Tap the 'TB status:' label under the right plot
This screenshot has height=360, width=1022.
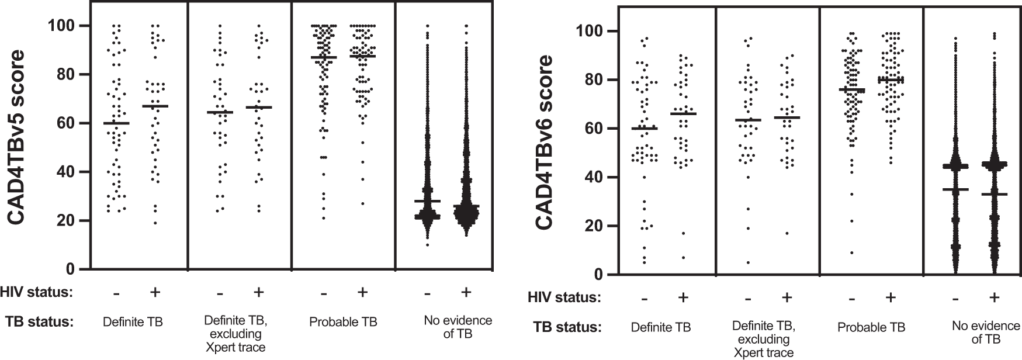[x=567, y=327]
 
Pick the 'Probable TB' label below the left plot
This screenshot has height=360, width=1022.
[x=343, y=322]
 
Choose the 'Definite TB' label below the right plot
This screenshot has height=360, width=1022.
[x=661, y=327]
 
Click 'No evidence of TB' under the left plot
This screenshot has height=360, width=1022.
[x=458, y=327]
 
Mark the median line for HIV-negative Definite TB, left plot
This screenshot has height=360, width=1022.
[x=116, y=123]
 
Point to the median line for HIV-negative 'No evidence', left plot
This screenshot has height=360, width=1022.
[x=428, y=201]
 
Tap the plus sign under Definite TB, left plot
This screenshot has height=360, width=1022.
[x=154, y=293]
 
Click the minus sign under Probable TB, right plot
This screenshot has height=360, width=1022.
[x=852, y=298]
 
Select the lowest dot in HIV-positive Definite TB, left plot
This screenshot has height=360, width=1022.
[x=155, y=223]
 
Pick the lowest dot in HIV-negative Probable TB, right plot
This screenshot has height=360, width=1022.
[x=852, y=252]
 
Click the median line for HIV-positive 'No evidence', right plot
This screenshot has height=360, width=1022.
[x=994, y=194]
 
